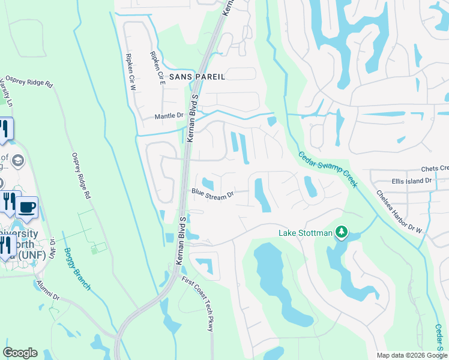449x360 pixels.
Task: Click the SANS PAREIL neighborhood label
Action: tap(197, 77)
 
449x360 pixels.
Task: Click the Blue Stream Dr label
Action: tap(211, 194)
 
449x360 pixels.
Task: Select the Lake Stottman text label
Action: tap(304, 233)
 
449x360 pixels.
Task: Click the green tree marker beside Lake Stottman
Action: tap(342, 232)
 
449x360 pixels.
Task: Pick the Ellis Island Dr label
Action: tap(411, 181)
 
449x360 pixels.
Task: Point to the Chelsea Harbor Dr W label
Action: tap(400, 211)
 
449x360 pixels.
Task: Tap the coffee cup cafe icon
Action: tap(26, 208)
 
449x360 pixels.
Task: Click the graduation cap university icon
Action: tap(18, 160)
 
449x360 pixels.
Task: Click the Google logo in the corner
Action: tap(20, 353)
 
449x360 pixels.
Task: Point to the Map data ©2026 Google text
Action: tap(411, 355)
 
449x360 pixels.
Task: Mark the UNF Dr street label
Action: tap(52, 246)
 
